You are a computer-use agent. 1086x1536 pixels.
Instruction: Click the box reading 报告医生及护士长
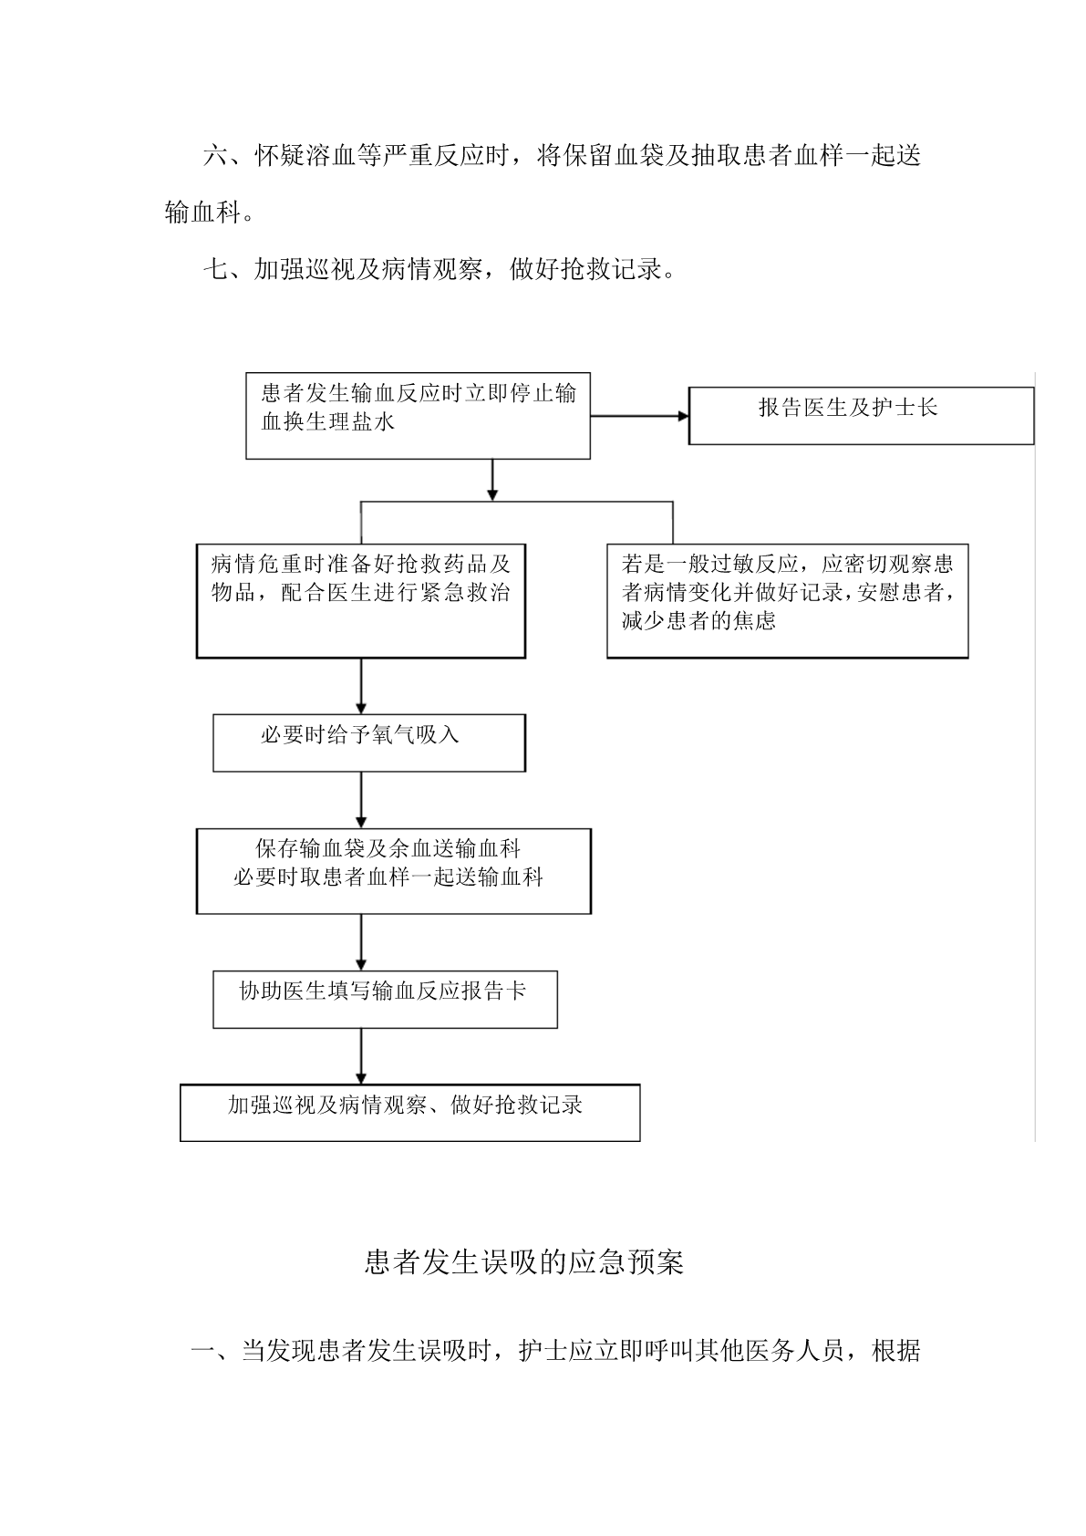point(861,416)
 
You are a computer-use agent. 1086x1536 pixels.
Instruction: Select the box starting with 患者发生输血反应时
point(419,416)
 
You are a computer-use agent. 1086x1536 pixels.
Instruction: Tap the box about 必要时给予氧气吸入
point(369,742)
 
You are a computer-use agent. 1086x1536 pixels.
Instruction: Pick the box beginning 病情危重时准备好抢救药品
point(360,601)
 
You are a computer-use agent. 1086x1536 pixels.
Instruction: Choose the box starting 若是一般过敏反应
point(787,601)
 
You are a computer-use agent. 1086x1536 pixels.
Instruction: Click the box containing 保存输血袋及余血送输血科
point(394,871)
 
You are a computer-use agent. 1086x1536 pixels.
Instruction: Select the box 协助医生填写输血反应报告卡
point(385,999)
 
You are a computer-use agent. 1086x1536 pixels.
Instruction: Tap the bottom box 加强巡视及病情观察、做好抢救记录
point(410,1113)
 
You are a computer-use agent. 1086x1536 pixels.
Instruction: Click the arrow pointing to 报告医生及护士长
point(640,416)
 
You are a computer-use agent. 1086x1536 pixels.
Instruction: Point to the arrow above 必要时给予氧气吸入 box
point(361,687)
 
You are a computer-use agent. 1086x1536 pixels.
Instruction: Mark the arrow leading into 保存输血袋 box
point(361,800)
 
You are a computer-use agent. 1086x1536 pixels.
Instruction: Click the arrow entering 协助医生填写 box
point(361,942)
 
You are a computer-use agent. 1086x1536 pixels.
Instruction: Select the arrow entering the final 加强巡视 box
point(361,1056)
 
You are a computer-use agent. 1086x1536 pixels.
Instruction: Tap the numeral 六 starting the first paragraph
point(215,156)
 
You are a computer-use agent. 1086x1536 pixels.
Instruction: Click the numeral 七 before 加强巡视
point(215,269)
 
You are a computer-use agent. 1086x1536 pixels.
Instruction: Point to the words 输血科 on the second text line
point(202,213)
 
